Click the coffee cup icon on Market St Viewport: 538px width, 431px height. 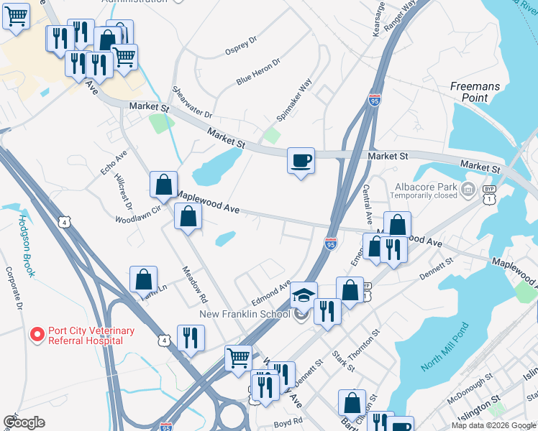[301, 160]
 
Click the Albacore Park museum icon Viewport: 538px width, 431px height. [468, 190]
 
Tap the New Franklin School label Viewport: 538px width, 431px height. [245, 314]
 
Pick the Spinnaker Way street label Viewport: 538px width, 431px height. [295, 100]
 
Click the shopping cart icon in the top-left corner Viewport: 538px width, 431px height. [16, 15]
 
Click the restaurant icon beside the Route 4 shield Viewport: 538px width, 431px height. [191, 338]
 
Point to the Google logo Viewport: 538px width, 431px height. [24, 422]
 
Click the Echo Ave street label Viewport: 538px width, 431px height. [114, 162]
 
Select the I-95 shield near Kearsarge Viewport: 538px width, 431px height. [374, 100]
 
